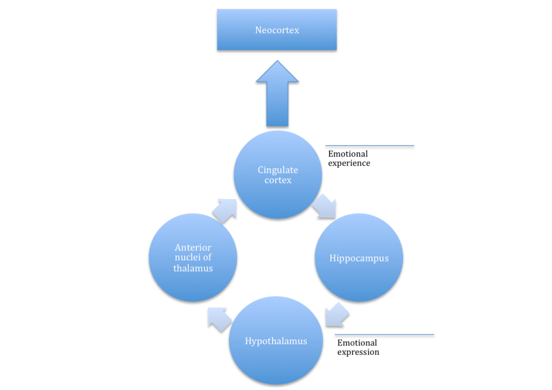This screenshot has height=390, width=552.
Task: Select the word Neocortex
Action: [x=277, y=30]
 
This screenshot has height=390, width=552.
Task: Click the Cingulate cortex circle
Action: [x=277, y=190]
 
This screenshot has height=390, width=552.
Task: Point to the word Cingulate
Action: [x=277, y=169]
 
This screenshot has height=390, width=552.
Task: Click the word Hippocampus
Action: [x=359, y=258]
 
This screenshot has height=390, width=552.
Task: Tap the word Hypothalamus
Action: [x=275, y=341]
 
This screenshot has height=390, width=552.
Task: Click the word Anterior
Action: [x=193, y=247]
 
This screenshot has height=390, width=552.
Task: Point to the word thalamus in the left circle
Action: [x=193, y=268]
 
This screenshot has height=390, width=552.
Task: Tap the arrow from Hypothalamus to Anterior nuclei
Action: [x=219, y=319]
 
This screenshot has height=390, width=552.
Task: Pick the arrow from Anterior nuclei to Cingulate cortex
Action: [x=224, y=210]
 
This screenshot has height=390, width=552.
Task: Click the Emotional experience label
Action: [x=349, y=158]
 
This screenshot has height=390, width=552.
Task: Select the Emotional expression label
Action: [x=358, y=348]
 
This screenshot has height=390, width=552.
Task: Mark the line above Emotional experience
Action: [x=369, y=147]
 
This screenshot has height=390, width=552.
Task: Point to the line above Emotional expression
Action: [x=384, y=335]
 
